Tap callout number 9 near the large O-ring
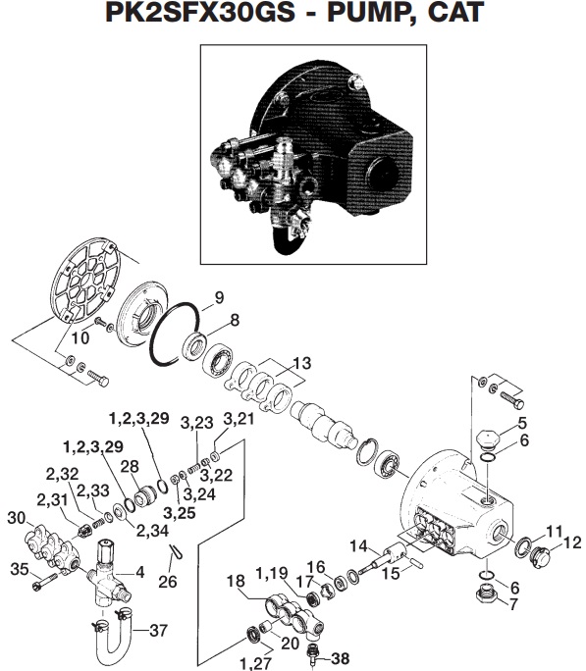[219, 297]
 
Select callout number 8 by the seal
[234, 319]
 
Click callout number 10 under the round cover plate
[80, 337]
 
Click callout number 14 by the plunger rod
[359, 545]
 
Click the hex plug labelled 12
[540, 556]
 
